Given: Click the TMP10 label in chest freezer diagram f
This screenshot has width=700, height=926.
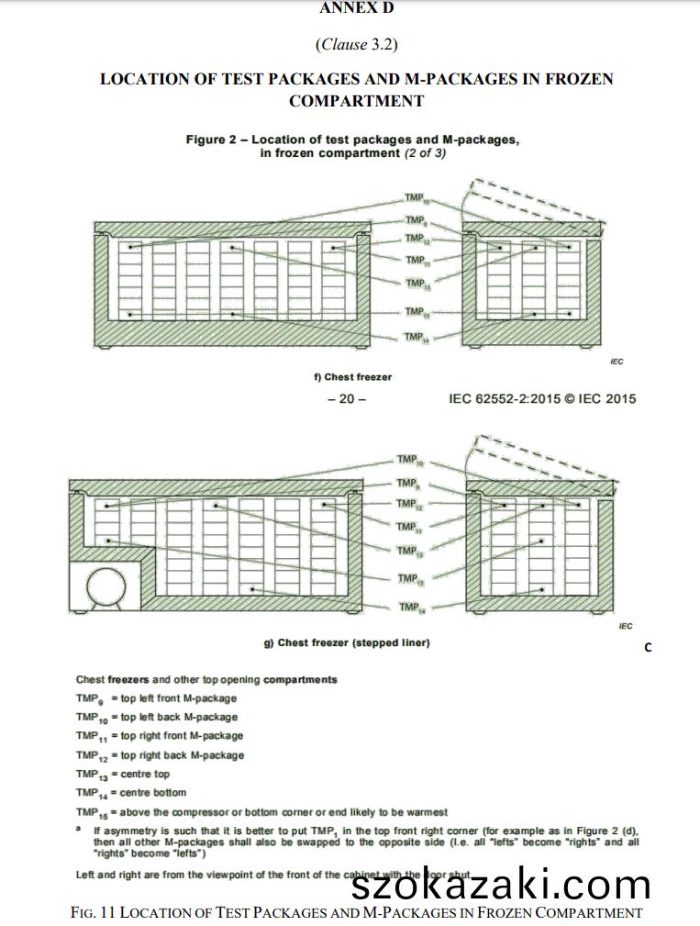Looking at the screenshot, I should coord(416,199).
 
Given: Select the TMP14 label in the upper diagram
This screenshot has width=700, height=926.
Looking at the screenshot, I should coord(416,338).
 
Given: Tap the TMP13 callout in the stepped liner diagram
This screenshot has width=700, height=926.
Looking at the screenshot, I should coord(408,551).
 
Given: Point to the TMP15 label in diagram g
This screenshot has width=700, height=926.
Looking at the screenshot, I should coord(408,579).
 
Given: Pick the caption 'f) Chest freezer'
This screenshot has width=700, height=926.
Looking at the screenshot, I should coord(352,377).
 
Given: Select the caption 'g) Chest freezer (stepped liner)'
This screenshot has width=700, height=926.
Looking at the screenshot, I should coord(347,643).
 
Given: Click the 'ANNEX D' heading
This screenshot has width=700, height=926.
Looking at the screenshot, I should coord(356,8).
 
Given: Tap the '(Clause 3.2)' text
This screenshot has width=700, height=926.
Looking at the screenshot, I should coord(356,44).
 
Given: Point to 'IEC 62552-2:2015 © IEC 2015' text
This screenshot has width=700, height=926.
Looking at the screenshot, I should coord(541,399).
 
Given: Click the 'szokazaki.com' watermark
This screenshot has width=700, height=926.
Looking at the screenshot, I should coord(501,885).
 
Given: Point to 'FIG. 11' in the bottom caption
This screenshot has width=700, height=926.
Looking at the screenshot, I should coord(93,913).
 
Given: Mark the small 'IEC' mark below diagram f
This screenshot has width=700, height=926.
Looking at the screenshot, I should coord(617,362).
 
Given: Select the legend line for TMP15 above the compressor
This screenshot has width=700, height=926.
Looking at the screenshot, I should coord(261,812).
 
